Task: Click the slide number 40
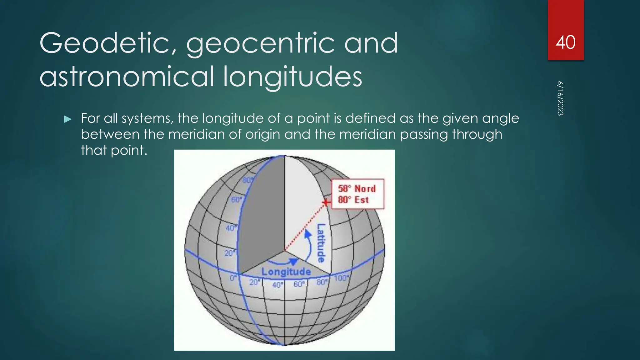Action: (565, 42)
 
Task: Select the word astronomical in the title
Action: (127, 77)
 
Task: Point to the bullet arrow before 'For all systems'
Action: (67, 119)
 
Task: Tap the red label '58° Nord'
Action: (357, 189)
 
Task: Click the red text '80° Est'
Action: (353, 200)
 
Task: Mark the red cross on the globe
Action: (326, 203)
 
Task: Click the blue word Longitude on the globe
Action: (286, 272)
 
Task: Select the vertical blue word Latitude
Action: (321, 243)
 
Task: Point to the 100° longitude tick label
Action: (341, 278)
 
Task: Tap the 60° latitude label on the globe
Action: (236, 199)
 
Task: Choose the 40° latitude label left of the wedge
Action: (231, 228)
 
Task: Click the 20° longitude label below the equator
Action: (254, 282)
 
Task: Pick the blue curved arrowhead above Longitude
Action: (293, 261)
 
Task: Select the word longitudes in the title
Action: (292, 77)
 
